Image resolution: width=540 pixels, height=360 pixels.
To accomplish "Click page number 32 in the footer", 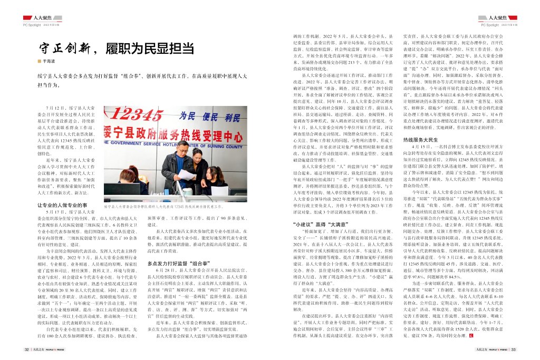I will click(x=26, y=349).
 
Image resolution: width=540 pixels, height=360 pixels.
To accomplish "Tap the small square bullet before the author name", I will click(x=39, y=61).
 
